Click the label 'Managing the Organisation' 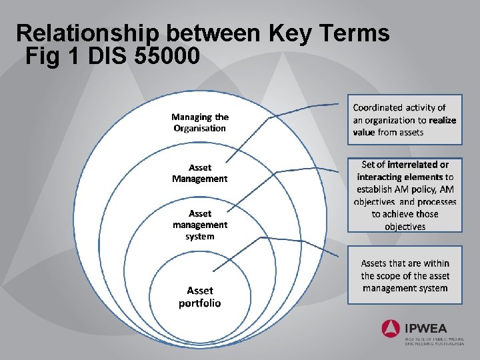(x=200, y=123)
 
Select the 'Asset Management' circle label (x=200, y=173)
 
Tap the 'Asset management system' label (x=200, y=225)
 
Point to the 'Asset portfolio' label (x=200, y=297)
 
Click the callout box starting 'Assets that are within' (x=405, y=275)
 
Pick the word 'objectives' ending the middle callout (x=405, y=227)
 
